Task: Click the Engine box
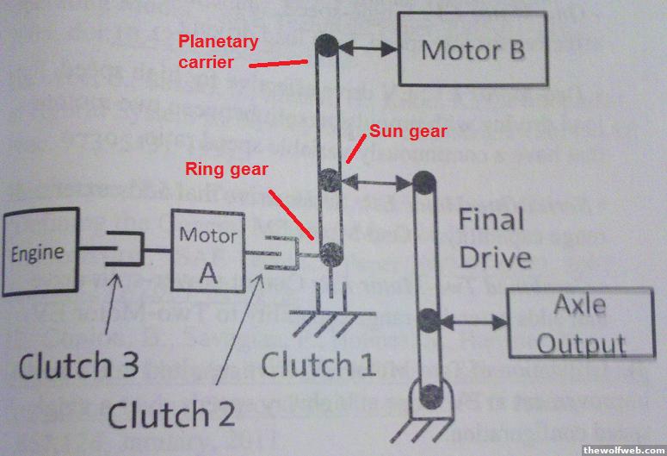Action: [38, 253]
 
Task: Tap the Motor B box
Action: [472, 50]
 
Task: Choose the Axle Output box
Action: [578, 323]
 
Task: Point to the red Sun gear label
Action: [408, 131]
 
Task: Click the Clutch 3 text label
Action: [79, 366]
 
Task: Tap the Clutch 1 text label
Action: [318, 365]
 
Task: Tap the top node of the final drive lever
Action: [423, 183]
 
